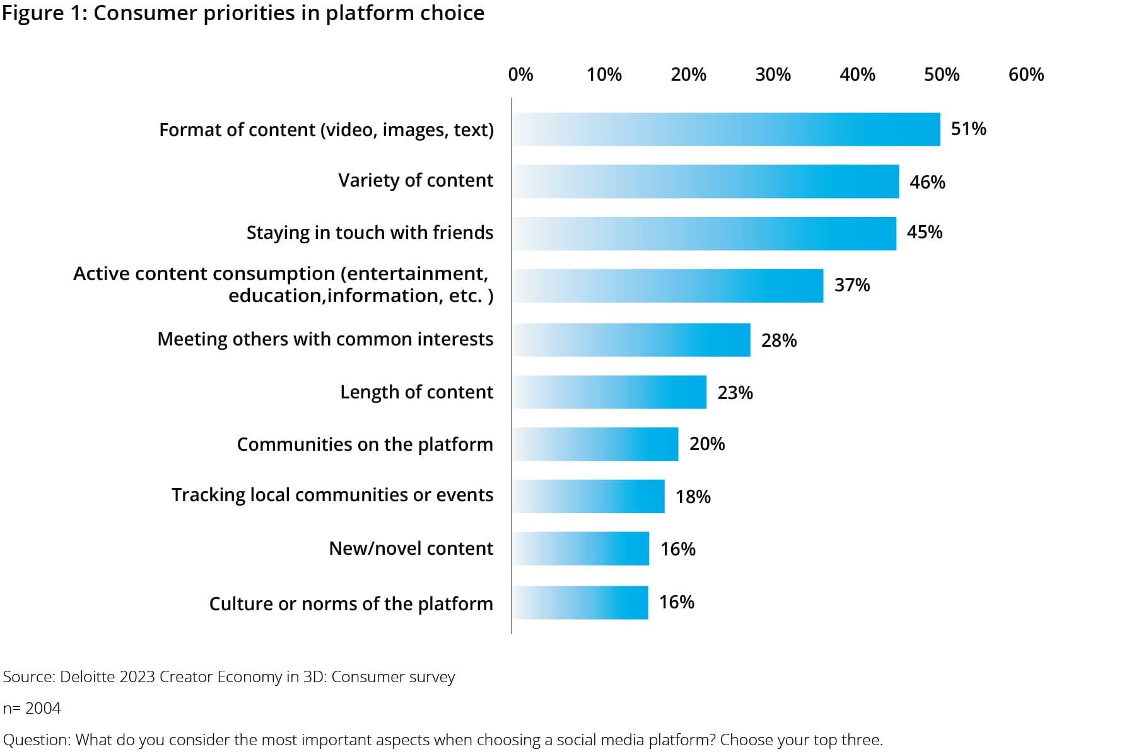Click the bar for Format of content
click(x=725, y=129)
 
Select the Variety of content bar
click(x=705, y=182)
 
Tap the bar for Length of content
click(x=609, y=392)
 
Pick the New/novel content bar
click(x=580, y=548)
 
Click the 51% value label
click(x=968, y=129)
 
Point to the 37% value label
click(x=852, y=286)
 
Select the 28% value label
click(x=779, y=340)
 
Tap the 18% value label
click(x=693, y=497)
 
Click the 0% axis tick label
click(x=520, y=75)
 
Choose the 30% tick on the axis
click(x=773, y=75)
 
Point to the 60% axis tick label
click(x=1026, y=75)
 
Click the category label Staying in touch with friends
click(x=370, y=233)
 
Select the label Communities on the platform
click(x=365, y=444)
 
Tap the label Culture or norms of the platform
click(x=351, y=604)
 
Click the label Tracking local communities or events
click(x=332, y=495)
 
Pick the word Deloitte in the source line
click(x=87, y=677)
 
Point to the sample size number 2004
click(x=43, y=709)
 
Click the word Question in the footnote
click(x=36, y=740)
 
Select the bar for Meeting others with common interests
click(x=631, y=340)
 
